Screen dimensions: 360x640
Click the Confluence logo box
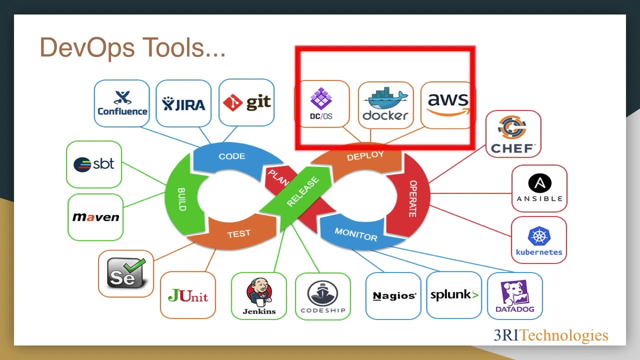(122, 103)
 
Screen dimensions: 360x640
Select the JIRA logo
(183, 103)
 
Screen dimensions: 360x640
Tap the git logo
(246, 102)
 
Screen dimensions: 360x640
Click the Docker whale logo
(385, 104)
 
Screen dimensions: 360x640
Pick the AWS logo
(448, 104)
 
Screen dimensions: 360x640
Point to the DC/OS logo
(321, 104)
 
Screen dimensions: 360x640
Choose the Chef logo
(513, 134)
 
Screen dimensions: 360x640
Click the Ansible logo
(539, 188)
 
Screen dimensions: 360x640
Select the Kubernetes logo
(539, 240)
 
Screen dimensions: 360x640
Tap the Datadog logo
(514, 296)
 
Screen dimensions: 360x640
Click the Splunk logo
(454, 295)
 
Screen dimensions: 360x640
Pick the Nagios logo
(394, 295)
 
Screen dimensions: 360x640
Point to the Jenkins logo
(259, 296)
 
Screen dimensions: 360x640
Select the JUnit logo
(188, 295)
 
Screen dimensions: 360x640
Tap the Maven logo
(95, 217)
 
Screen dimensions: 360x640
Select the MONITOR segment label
(356, 234)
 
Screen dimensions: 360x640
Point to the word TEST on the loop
(238, 233)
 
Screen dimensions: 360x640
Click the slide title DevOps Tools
(132, 48)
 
